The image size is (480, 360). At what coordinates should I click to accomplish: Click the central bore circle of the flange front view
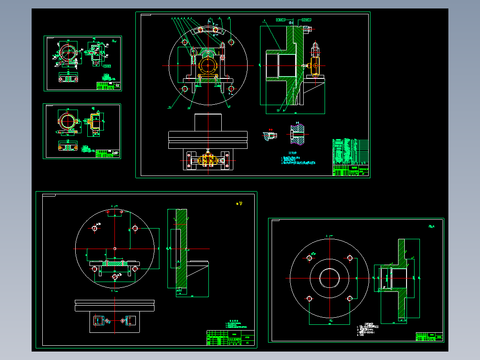pos(329,279)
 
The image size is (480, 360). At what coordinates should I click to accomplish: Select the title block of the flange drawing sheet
pos(429,337)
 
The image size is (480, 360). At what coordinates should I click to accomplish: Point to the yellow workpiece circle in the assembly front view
pos(208,65)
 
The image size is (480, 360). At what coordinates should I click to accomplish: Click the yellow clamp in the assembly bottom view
pos(207,159)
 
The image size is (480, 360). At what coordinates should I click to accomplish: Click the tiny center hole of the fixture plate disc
pos(115,248)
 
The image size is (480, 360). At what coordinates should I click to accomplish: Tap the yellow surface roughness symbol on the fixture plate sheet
pos(241,204)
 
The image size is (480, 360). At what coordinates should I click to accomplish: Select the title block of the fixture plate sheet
pos(230,338)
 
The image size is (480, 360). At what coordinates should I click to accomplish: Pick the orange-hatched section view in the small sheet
pos(94,121)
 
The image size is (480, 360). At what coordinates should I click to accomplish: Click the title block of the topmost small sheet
pos(109,86)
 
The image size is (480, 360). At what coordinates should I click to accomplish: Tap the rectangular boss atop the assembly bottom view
pos(208,122)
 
